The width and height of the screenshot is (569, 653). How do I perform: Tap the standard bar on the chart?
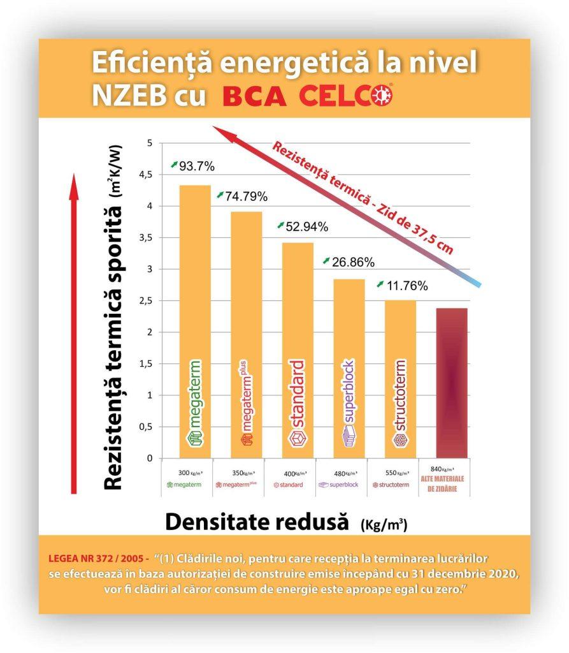click(x=298, y=350)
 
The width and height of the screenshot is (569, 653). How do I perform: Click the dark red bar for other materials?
click(x=452, y=383)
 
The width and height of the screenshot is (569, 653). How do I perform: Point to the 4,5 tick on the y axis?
click(x=147, y=175)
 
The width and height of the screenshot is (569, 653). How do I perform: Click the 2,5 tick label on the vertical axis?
click(x=147, y=300)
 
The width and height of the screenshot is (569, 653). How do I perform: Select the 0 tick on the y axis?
click(x=150, y=458)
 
